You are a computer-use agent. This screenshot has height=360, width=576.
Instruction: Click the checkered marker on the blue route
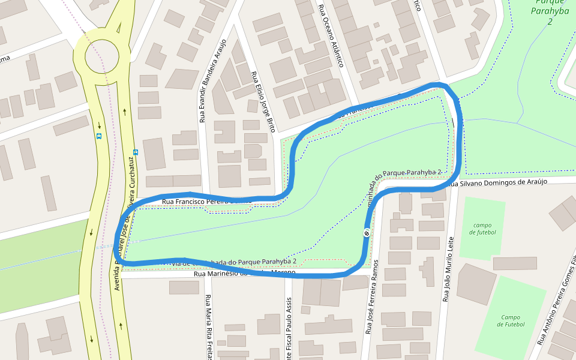pyautogui.click(x=366, y=233)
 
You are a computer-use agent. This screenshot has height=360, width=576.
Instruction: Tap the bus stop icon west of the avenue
pyautogui.click(x=99, y=136)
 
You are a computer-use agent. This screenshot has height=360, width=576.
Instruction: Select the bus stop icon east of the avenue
pyautogui.click(x=136, y=152)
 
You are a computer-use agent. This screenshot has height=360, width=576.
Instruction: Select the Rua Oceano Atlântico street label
pyautogui.click(x=332, y=36)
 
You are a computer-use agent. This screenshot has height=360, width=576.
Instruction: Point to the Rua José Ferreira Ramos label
pyautogui.click(x=372, y=297)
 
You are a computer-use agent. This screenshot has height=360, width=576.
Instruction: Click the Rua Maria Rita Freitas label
pyautogui.click(x=209, y=327)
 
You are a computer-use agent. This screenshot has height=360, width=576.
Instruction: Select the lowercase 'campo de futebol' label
pyautogui.click(x=482, y=229)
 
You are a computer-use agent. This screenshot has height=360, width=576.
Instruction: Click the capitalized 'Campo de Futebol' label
pyautogui.click(x=511, y=321)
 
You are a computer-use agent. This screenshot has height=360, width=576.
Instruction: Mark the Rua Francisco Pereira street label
pyautogui.click(x=198, y=202)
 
